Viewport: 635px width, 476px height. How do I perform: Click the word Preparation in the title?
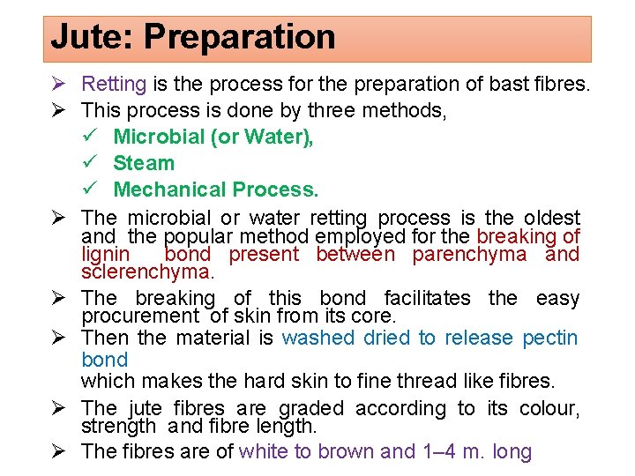tap(240, 38)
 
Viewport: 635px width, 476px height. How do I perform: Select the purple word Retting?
tap(114, 85)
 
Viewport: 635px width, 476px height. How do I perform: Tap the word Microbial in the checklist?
tap(155, 137)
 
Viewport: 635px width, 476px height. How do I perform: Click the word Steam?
tap(144, 163)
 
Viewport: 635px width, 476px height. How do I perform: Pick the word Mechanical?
tap(170, 190)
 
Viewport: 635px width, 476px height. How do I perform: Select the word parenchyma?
tap(472, 255)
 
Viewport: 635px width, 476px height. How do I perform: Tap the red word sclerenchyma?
tap(147, 272)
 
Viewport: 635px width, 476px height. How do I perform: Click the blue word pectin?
tap(550, 338)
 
